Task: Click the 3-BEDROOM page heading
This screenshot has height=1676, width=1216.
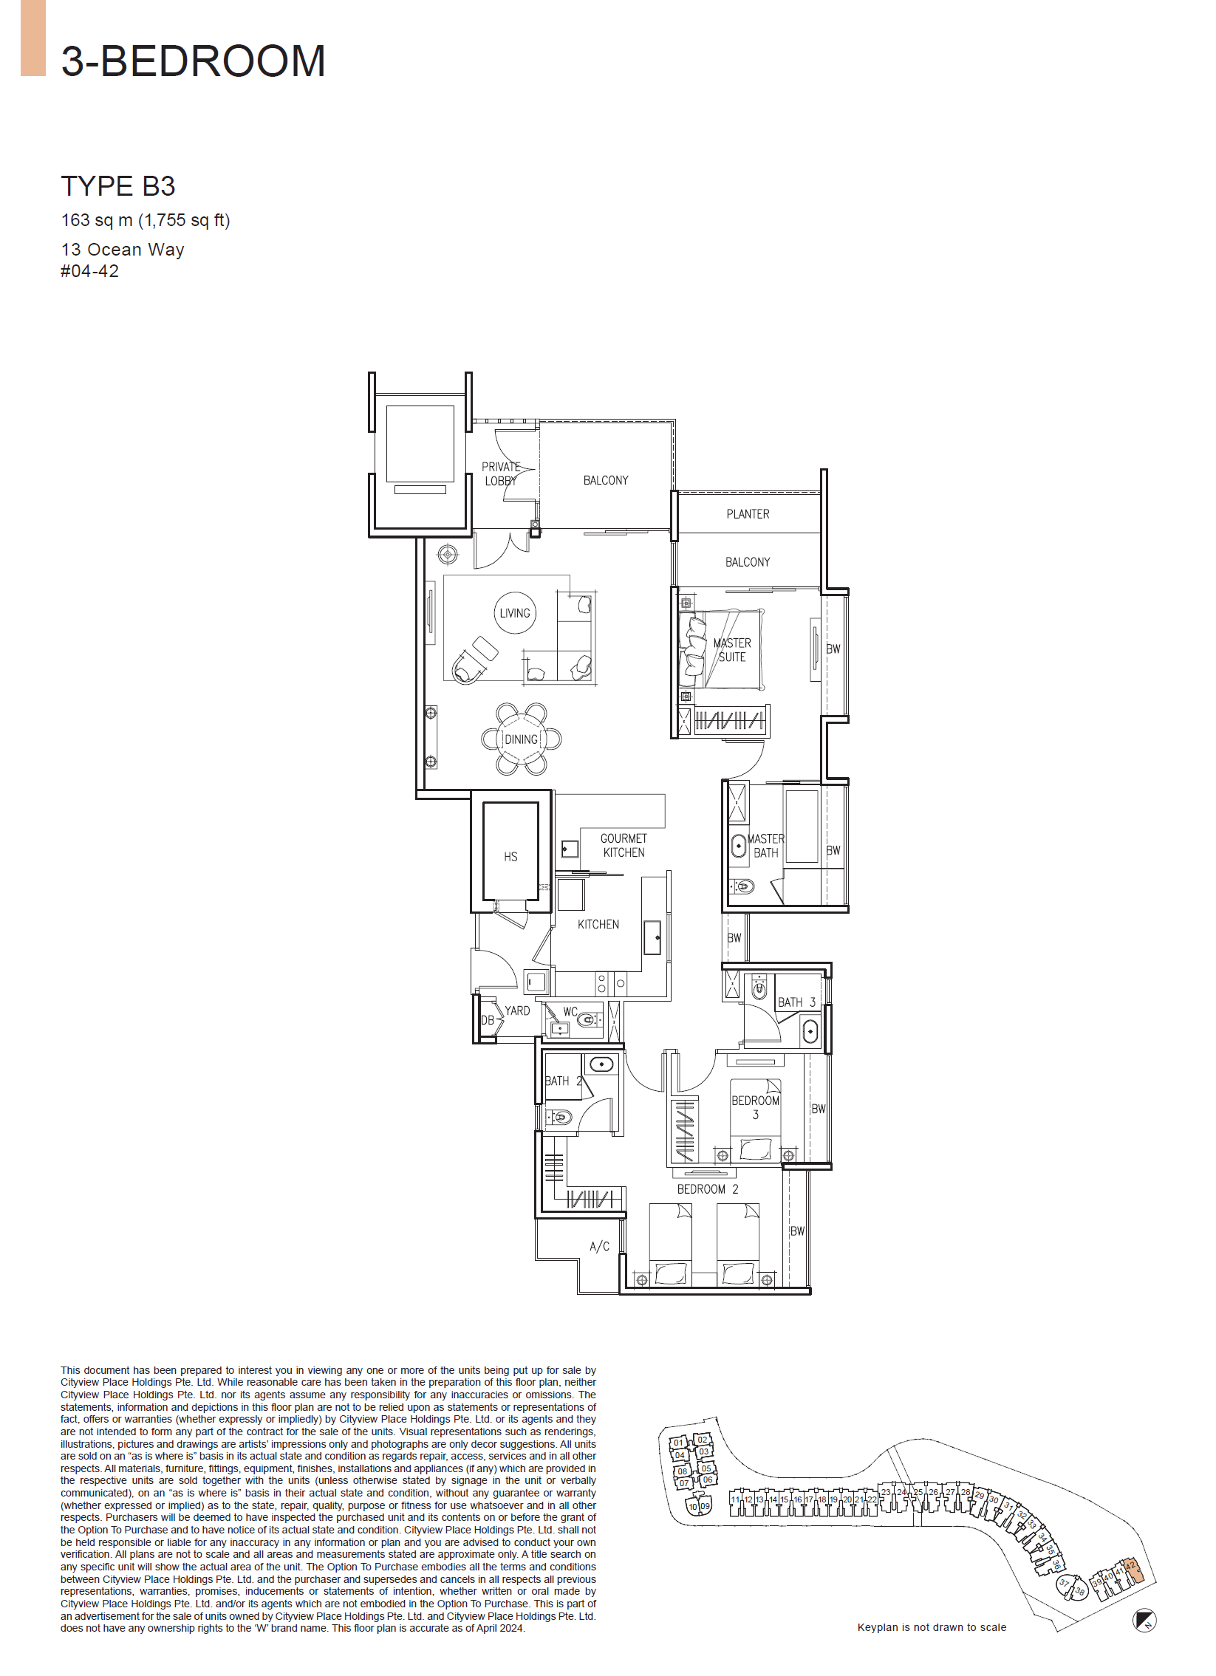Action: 193,61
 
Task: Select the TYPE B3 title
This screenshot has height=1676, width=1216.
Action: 117,186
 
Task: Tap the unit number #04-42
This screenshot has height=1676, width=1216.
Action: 89,271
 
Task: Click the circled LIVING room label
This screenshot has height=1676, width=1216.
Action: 514,612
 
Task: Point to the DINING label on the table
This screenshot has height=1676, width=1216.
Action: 521,739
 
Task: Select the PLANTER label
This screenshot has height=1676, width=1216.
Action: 748,513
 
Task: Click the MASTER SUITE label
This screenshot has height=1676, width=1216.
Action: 732,649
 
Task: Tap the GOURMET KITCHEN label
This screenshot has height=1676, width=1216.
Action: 624,846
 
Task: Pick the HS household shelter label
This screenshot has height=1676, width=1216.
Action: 510,857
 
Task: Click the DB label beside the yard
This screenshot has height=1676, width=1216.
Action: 487,1021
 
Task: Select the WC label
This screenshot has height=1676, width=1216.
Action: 570,1012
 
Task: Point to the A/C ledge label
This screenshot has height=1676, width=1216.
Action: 599,1246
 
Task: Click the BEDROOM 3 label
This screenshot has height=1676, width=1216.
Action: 756,1107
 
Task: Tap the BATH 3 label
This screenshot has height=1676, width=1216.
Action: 796,1002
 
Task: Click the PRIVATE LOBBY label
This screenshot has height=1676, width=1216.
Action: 500,473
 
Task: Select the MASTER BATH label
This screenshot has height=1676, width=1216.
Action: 766,846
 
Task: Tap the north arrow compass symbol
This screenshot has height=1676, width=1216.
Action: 1144,1621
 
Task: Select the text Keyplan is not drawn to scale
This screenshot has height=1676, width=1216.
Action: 932,1627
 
